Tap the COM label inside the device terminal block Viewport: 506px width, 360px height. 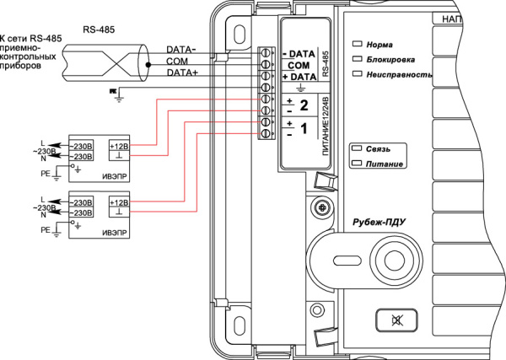coord(299,65)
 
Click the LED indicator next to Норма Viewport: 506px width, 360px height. coord(357,44)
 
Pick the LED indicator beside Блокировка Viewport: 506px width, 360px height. coord(357,59)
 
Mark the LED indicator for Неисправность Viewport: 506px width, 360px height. coord(357,74)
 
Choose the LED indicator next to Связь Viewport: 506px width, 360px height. coord(357,148)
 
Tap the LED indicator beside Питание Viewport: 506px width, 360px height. coord(357,163)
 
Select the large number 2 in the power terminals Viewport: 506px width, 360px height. coord(304,105)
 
